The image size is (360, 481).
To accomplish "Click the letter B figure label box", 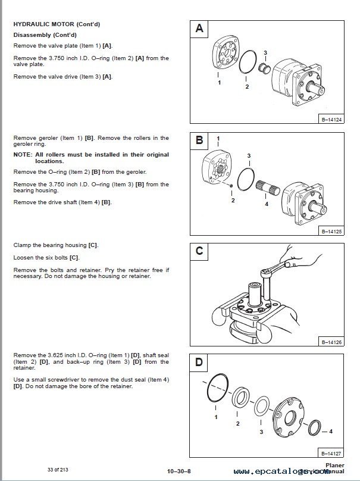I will pos(200,140).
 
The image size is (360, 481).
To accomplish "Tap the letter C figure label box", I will pos(200,251).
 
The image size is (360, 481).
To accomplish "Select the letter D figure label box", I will pos(200,362).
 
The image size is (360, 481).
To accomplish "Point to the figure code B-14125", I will pos(331,231).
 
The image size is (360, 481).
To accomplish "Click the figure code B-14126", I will pos(331,342).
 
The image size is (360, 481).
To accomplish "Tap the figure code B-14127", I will pos(331,452).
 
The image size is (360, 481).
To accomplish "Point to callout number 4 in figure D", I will pos(331,430).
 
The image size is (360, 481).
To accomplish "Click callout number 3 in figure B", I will pos(249,155).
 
